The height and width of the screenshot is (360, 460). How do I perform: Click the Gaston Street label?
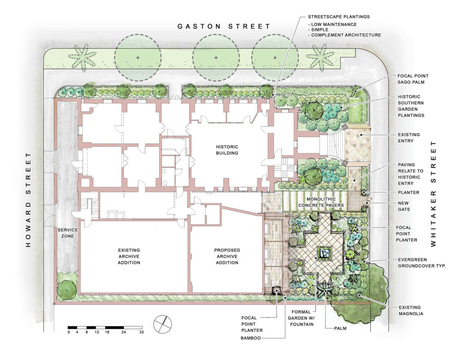tap(224, 27)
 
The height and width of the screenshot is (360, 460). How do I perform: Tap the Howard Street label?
tap(28, 200)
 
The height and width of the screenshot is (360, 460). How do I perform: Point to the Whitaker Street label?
tap(433, 194)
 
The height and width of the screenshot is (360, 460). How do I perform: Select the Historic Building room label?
tap(227, 150)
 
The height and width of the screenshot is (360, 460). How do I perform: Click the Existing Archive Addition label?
tap(129, 257)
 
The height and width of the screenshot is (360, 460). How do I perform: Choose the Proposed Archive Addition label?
tap(227, 257)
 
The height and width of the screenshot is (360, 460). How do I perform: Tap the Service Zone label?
tap(68, 233)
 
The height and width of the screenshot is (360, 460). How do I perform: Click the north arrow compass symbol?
tap(163, 324)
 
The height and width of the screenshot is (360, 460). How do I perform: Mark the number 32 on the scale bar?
tap(142, 332)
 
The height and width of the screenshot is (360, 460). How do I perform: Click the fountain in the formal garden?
tap(324, 253)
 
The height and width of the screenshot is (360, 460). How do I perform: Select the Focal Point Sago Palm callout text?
tap(413, 79)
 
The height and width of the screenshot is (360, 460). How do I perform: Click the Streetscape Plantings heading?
tap(339, 17)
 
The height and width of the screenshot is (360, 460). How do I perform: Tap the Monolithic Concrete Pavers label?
tap(321, 202)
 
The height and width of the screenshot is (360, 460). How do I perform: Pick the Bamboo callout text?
tap(251, 338)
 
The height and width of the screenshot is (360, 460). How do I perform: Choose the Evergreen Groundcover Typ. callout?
tap(422, 263)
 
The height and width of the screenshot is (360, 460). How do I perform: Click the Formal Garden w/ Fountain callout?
tap(301, 318)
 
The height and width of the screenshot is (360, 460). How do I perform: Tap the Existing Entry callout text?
tap(409, 138)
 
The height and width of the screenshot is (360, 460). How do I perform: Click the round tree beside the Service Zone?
tap(67, 290)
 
